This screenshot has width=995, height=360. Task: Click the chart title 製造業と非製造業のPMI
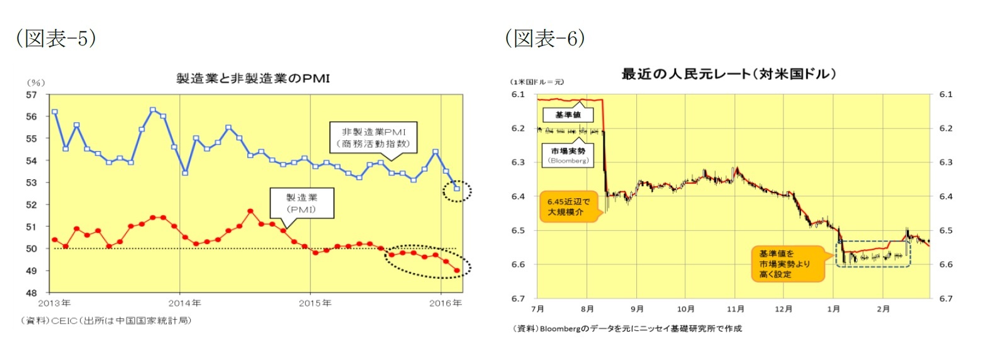click(252, 79)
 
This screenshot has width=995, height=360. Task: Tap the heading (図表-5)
click(56, 38)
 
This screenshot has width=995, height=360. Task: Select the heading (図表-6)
click(545, 38)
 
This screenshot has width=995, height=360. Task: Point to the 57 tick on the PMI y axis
click(31, 95)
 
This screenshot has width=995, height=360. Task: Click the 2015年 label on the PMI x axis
click(315, 303)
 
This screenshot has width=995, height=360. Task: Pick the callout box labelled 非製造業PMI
click(374, 138)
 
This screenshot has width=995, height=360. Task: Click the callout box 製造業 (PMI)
click(301, 203)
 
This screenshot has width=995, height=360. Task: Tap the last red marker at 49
click(457, 271)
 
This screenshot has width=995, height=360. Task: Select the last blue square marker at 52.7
click(457, 189)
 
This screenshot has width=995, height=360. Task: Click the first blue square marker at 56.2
click(55, 112)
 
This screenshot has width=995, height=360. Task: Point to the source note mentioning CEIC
click(106, 320)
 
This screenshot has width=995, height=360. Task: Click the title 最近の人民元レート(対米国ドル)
click(728, 74)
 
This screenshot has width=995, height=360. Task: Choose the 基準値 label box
click(567, 115)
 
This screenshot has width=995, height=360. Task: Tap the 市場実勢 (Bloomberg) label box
click(568, 155)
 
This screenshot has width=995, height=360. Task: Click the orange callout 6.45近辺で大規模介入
click(568, 207)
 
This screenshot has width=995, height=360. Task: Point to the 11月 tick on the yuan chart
click(735, 309)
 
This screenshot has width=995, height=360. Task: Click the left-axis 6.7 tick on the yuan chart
click(518, 298)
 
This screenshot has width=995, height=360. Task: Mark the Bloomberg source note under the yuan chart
click(627, 329)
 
